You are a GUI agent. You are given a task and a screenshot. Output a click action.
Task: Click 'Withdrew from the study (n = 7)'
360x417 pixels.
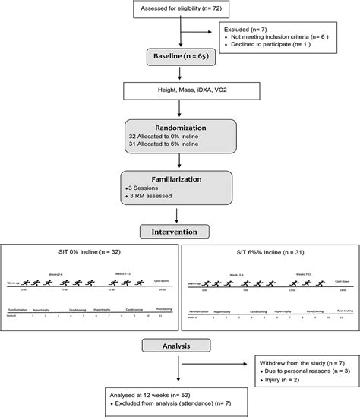pos(291,363)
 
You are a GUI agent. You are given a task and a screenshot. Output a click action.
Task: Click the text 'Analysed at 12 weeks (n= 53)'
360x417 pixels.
pos(169,397)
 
